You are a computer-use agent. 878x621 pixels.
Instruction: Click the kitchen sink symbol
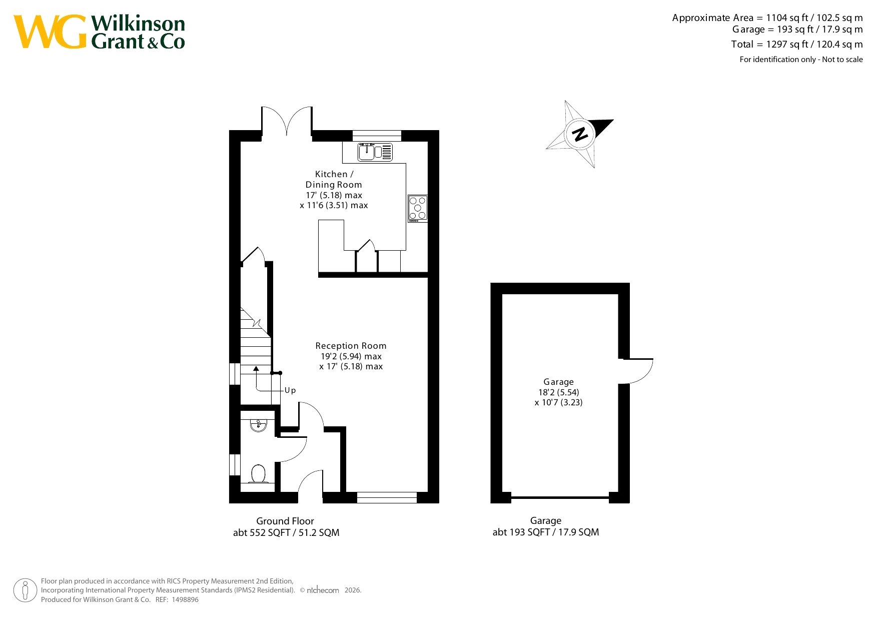tap(375, 152)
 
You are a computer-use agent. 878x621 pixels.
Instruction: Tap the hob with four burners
tap(418, 208)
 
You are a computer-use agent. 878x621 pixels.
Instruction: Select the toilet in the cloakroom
tap(258, 474)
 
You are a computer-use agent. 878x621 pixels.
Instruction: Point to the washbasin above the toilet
tap(258, 425)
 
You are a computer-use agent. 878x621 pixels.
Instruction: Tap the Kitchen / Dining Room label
tap(334, 179)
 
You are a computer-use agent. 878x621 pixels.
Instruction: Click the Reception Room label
tap(351, 346)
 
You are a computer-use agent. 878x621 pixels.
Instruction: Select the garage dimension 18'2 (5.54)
tap(559, 392)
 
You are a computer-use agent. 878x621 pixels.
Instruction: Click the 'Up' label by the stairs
tap(290, 390)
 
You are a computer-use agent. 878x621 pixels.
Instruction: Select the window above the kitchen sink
tap(377, 136)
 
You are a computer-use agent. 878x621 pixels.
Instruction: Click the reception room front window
tap(387, 497)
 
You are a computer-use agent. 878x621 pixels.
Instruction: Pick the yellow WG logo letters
tap(51, 32)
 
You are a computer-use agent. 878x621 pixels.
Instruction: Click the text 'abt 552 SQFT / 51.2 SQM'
tap(286, 533)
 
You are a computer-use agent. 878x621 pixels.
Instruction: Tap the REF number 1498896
tap(185, 599)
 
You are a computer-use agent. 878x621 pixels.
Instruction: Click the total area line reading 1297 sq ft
tap(797, 44)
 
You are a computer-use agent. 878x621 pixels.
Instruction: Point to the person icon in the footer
tap(25, 590)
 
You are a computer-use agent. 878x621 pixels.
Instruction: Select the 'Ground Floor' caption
tap(285, 521)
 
